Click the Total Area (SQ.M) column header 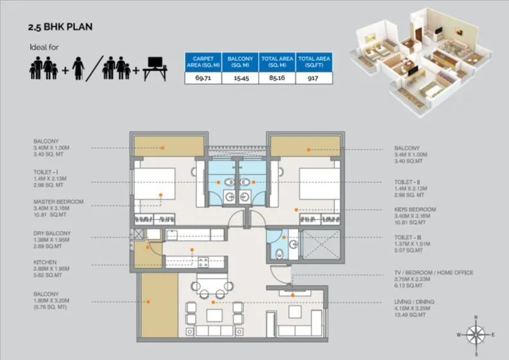coord(278,62)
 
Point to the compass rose coord(476,334)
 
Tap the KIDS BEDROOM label coord(415,210)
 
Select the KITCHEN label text coord(45,262)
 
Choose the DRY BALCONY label coord(53,232)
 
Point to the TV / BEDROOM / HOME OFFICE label coord(434,273)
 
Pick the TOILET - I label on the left coord(49,173)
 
